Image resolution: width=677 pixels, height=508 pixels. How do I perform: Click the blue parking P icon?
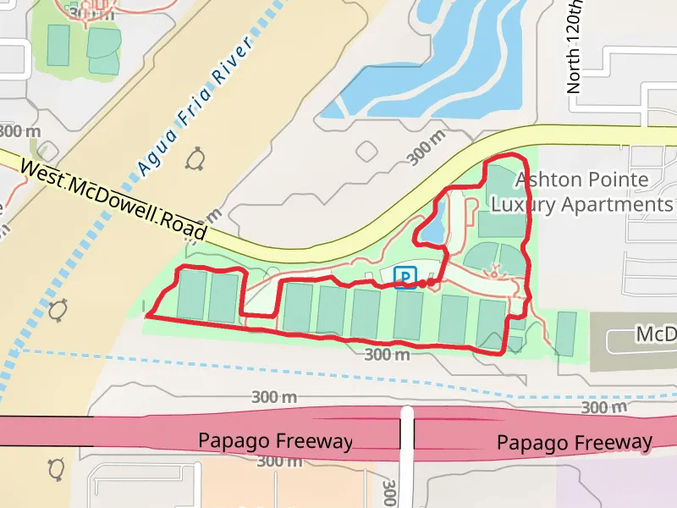(x=406, y=277)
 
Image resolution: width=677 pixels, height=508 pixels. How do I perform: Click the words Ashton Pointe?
(x=581, y=179)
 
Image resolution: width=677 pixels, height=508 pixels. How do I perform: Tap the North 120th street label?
(x=575, y=47)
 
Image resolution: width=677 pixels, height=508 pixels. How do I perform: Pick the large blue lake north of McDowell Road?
(x=440, y=76)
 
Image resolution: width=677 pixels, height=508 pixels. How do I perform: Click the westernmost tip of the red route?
(x=147, y=316)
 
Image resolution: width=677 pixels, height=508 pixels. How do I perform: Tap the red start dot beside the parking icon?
(x=422, y=284)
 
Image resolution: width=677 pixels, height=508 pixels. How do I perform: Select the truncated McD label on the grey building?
(x=655, y=335)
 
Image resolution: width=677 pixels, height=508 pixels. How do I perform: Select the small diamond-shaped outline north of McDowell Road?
(x=366, y=152)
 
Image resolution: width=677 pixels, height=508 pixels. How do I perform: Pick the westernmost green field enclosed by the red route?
(x=191, y=295)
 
